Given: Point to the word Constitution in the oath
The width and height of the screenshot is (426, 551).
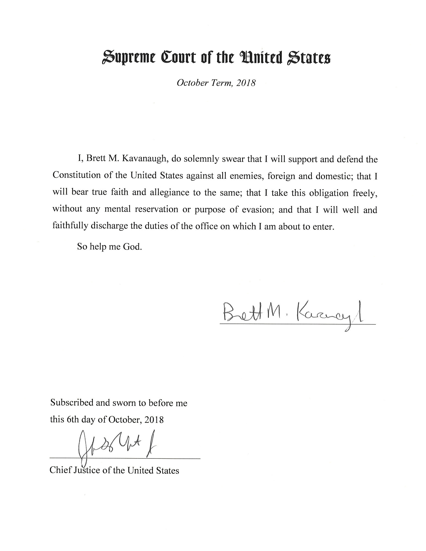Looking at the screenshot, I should click(x=77, y=175).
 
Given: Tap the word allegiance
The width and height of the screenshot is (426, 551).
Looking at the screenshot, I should click(x=169, y=193).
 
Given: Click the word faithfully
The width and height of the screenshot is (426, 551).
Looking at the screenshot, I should click(x=70, y=226).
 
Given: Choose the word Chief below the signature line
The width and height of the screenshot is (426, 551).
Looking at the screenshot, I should click(x=60, y=470).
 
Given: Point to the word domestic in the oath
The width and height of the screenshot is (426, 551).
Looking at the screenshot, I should click(x=334, y=176).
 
